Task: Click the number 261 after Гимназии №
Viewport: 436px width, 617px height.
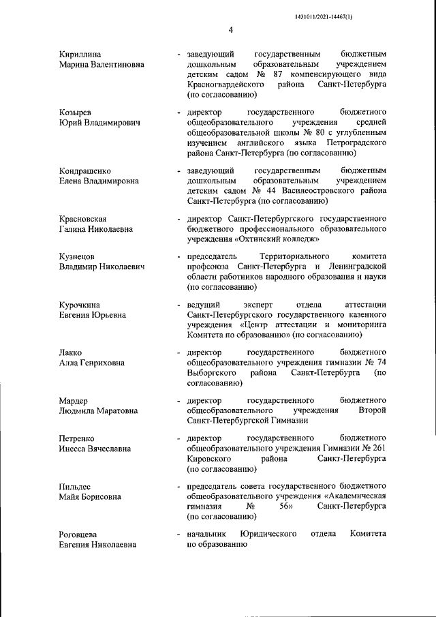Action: point(379,448)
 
